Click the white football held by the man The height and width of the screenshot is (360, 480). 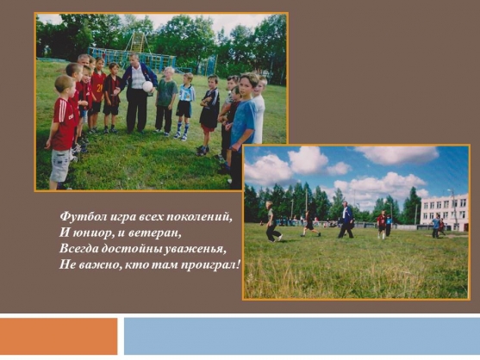147,87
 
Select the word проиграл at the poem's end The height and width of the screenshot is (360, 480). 209,265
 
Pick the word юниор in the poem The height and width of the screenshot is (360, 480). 93,233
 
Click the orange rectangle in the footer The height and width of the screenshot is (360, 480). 59,336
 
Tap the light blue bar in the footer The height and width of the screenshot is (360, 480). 302,336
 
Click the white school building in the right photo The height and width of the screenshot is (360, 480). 444,212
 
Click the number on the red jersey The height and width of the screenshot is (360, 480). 99,89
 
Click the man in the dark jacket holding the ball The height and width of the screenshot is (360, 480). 137,93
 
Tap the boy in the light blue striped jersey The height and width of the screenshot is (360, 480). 185,107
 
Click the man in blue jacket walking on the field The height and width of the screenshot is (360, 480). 346,220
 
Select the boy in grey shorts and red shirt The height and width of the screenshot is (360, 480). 62,132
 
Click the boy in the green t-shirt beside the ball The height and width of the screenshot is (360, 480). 165,101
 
